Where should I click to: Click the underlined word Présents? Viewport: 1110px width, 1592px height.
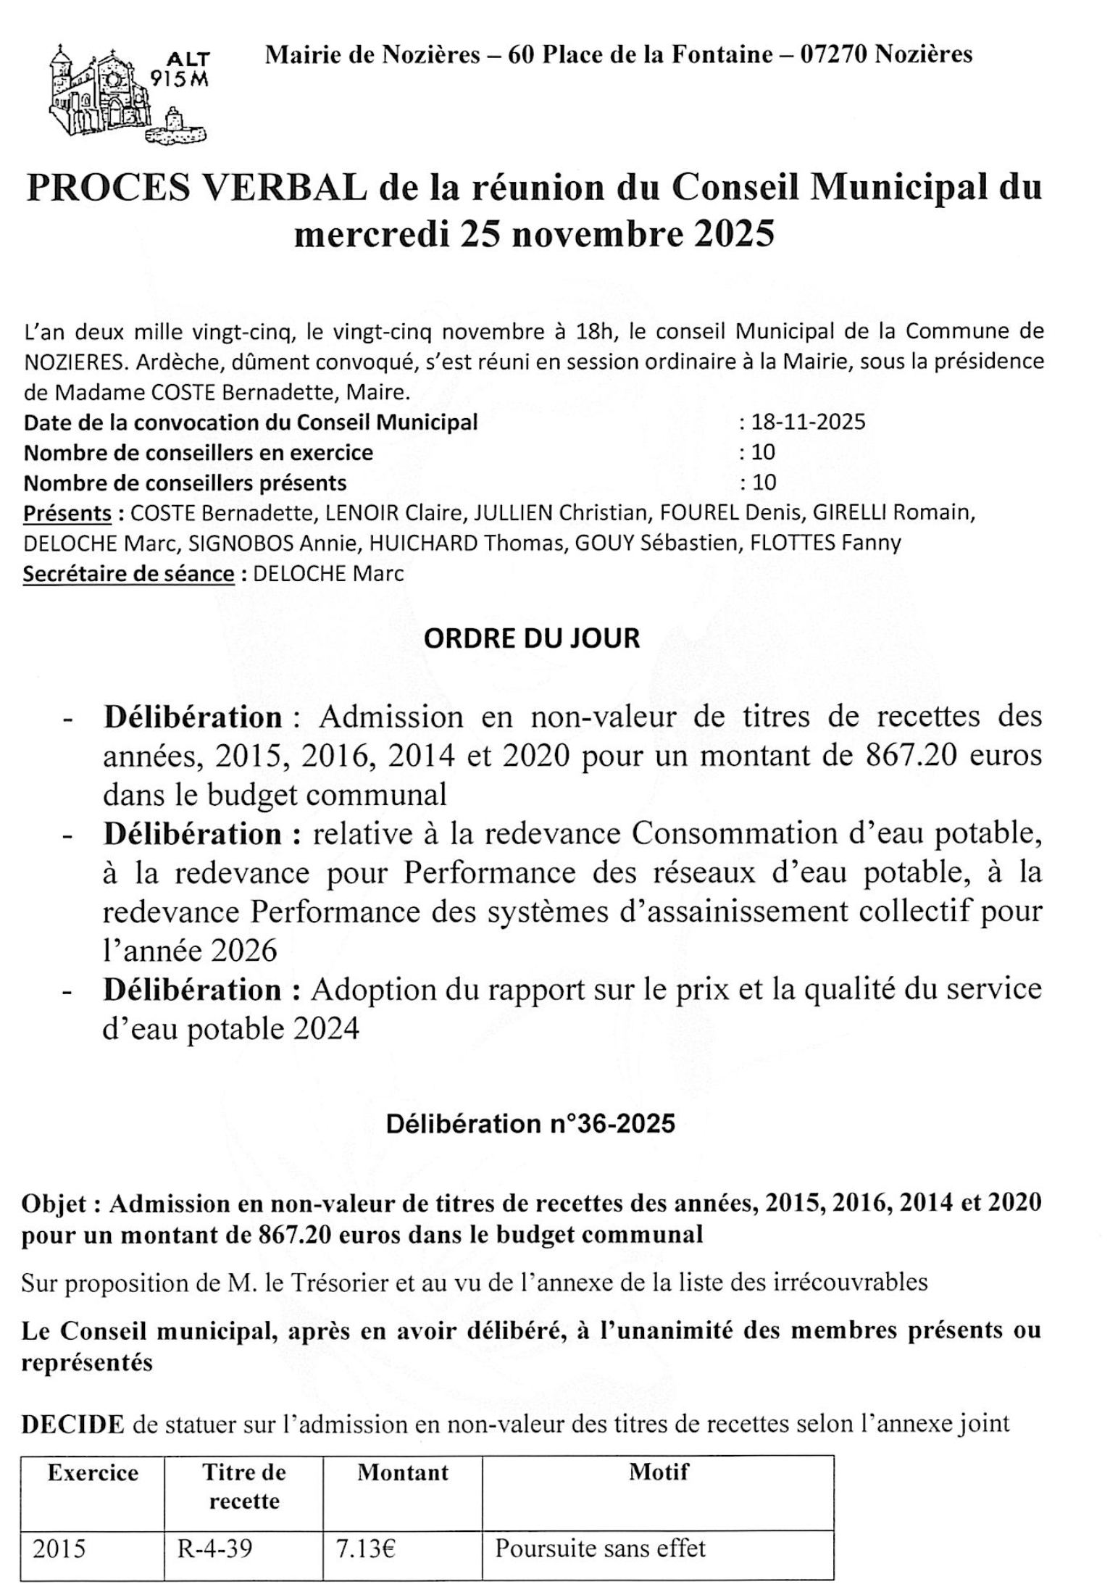(x=67, y=513)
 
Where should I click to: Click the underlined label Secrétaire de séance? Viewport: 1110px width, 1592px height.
(x=129, y=573)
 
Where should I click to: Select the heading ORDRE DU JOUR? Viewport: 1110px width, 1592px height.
(x=532, y=638)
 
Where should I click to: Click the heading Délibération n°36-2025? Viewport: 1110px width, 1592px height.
(x=530, y=1124)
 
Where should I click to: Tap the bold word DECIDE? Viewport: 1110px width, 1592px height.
(x=72, y=1424)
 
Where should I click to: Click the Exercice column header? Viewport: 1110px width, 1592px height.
(x=93, y=1473)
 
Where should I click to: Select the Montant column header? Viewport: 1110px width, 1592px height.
(x=403, y=1473)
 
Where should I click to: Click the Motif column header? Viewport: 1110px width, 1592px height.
(x=659, y=1472)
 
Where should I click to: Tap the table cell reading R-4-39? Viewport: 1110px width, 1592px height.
(x=215, y=1549)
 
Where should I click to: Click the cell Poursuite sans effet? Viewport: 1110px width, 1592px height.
(x=600, y=1549)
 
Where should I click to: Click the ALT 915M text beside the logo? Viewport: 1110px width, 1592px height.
(x=182, y=69)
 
